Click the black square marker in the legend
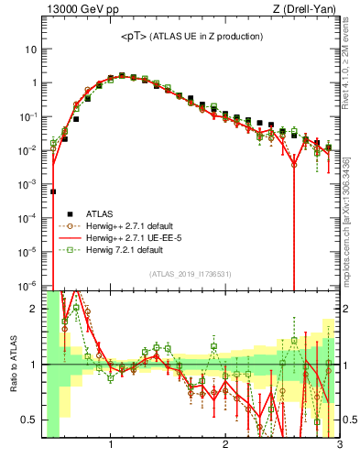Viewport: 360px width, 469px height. [62, 211]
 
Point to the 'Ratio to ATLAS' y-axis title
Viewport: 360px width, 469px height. [12, 364]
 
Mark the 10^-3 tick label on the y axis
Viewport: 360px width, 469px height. [28, 184]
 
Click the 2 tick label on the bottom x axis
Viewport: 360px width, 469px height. [225, 446]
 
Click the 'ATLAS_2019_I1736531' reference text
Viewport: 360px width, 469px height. [191, 275]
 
